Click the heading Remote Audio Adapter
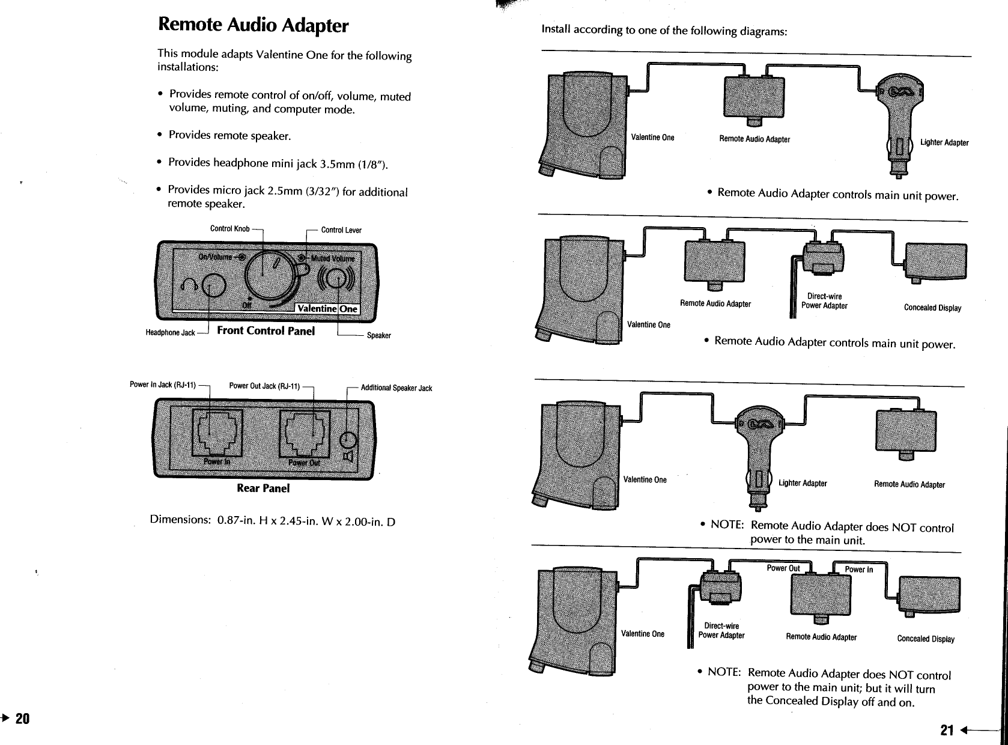coord(252,25)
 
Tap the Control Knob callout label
coord(229,229)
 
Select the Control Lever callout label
coord(341,230)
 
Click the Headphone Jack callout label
coord(170,333)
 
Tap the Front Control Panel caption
coord(266,331)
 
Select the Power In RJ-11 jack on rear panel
coord(216,434)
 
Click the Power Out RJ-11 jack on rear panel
coord(305,434)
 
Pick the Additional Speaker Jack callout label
coord(396,388)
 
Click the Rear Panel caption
coord(263,488)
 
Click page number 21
coord(947,731)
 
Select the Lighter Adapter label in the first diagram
coord(944,142)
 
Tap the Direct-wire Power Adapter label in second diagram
coord(824,301)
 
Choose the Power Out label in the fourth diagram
coord(783,568)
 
